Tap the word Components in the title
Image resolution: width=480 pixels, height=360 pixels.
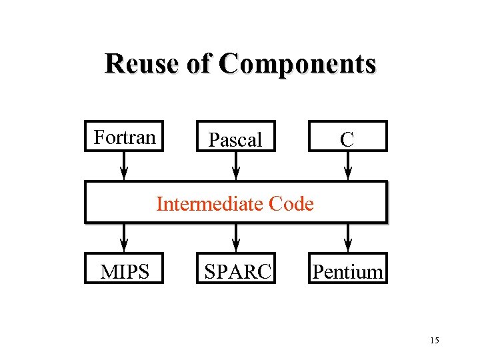click(298, 65)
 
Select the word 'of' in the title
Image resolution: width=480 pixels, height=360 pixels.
click(209, 64)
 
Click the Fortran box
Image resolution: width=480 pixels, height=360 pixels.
click(124, 137)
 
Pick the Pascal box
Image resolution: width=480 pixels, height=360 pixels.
click(235, 137)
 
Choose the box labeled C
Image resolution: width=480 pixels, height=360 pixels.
click(347, 137)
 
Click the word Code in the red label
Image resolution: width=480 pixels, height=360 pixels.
click(291, 203)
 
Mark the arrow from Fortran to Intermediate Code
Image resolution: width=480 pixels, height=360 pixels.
click(124, 166)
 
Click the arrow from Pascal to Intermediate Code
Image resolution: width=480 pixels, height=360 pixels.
click(235, 166)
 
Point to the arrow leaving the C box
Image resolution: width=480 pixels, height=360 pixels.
click(347, 166)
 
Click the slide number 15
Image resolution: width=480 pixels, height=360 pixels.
click(435, 341)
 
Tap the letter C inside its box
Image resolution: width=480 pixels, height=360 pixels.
click(347, 139)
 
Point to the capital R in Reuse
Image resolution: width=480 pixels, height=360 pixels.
click(113, 64)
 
